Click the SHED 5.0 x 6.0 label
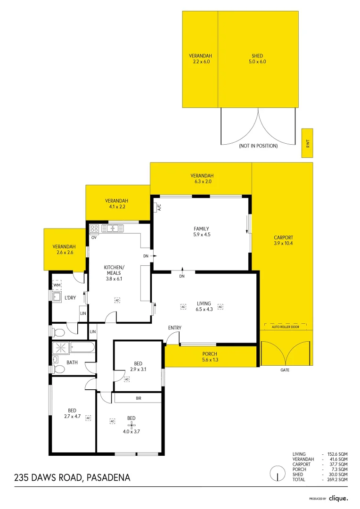258,59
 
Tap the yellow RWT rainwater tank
307,143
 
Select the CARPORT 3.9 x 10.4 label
283,240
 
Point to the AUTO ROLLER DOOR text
285,327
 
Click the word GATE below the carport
285,370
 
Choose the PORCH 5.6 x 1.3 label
210,357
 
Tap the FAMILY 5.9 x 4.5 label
201,232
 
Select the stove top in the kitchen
94,229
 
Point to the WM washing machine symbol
57,285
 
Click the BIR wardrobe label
139,398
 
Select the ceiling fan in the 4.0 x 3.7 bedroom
131,424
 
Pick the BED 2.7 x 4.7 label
72,413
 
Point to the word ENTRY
174,328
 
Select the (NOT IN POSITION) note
258,146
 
